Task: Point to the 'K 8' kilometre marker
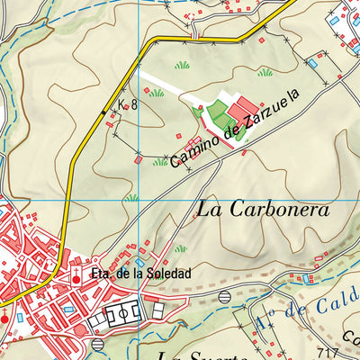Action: tap(128, 104)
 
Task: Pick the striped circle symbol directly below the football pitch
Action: tap(97, 345)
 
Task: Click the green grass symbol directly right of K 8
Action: tap(157, 92)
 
